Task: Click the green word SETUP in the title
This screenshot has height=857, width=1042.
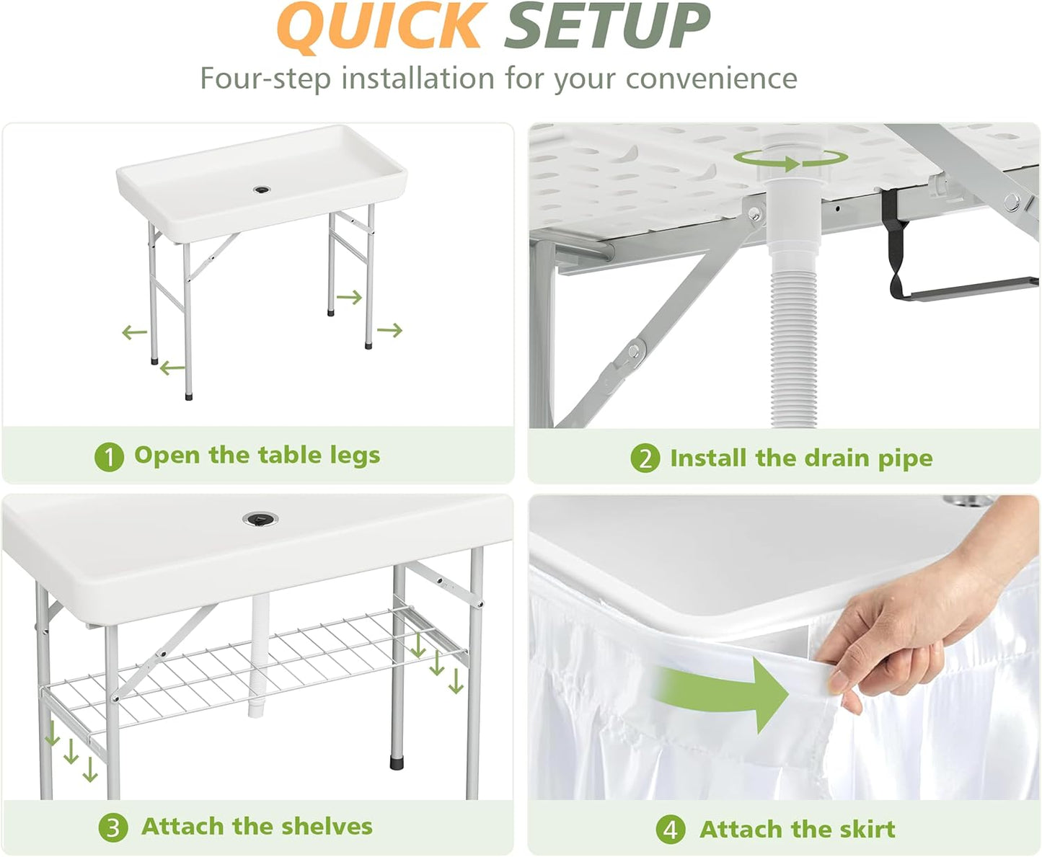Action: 606,27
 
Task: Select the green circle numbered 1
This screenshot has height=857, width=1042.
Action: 109,457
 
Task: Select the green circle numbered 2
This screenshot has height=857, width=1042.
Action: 645,458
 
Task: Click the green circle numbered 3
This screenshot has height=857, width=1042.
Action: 113,827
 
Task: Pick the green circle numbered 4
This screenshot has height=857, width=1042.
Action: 670,830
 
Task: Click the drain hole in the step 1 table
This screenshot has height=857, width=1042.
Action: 262,190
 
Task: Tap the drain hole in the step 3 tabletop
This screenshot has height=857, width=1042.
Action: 260,519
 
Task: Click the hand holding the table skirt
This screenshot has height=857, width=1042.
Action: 909,634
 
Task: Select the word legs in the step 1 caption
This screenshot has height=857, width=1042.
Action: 354,456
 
